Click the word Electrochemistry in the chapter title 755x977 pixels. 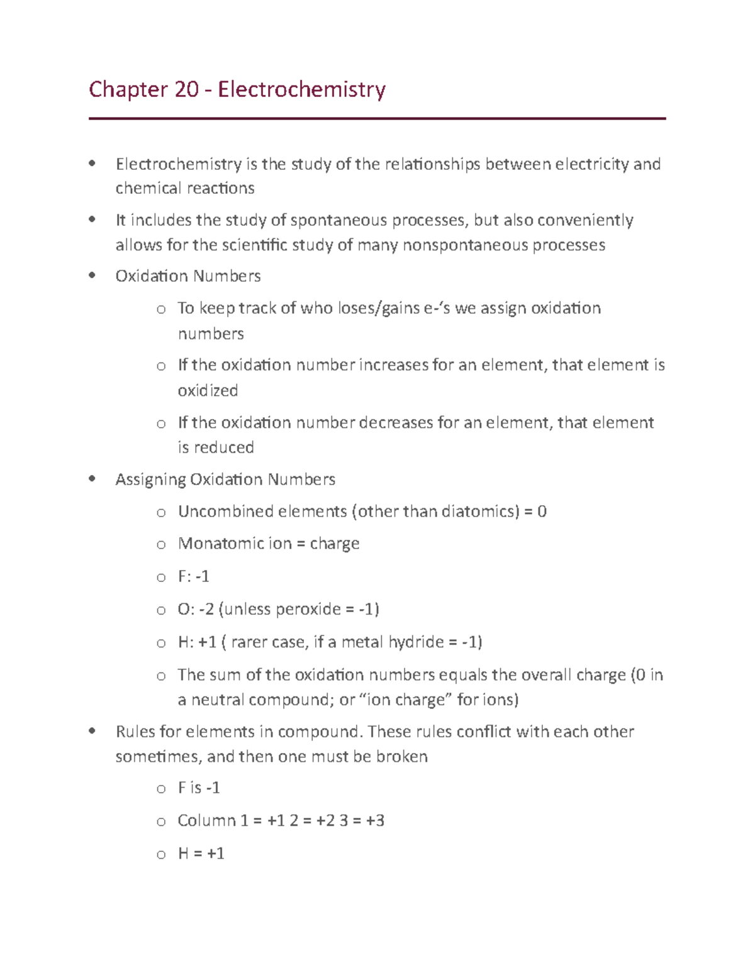coord(301,90)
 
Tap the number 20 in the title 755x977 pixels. coord(186,90)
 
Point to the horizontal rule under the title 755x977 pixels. coord(377,118)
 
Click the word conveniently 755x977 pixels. coord(585,220)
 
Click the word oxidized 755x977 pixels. coord(208,391)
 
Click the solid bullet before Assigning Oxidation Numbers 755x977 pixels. coord(92,479)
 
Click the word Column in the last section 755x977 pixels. coord(206,820)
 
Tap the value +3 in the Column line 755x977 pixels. coord(375,820)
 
